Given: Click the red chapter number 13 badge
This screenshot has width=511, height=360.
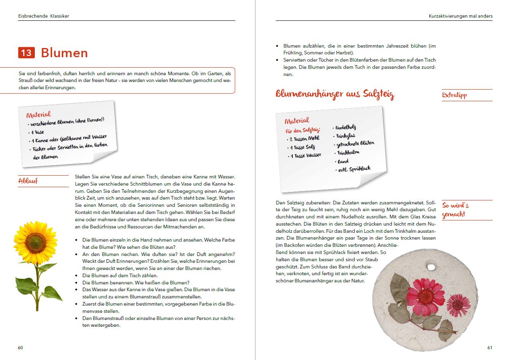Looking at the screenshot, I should point(26,53).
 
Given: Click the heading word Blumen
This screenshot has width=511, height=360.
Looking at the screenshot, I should point(64,53).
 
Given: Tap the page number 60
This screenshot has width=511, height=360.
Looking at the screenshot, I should point(20,348).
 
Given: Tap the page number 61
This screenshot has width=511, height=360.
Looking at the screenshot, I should point(489,348).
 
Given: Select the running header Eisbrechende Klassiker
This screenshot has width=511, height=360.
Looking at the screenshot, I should point(44,16).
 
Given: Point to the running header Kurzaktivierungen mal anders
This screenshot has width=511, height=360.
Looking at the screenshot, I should point(460,16).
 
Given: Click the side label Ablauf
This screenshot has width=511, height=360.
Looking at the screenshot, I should point(28,181).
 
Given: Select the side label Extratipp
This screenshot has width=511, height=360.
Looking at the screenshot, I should point(454,95).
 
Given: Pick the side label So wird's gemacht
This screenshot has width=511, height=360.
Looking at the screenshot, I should point(455,210).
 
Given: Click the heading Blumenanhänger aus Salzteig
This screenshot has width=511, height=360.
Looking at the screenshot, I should point(335,94).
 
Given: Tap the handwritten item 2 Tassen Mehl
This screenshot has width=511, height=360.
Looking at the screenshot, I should point(305,139).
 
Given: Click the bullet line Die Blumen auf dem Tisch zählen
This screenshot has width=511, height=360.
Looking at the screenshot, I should point(120,276).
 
